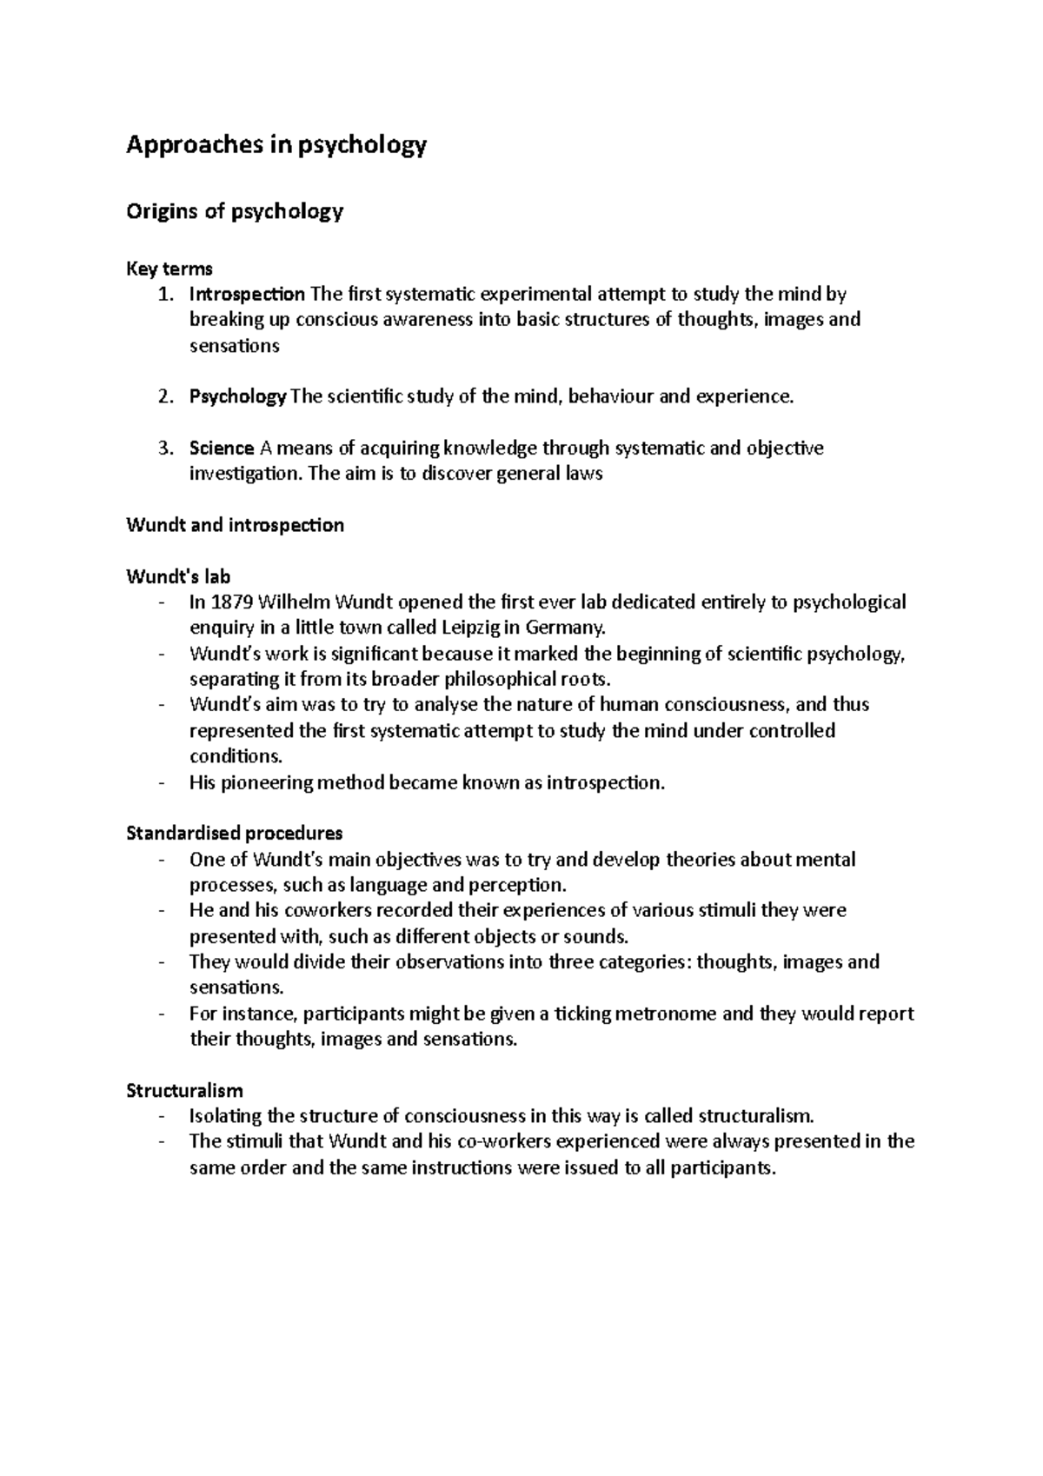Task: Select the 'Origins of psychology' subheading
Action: pos(235,211)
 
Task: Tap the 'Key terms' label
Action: pos(169,269)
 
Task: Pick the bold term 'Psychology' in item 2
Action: pos(237,397)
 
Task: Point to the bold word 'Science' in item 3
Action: pos(222,449)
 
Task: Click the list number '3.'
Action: pos(166,449)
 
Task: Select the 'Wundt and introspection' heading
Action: pos(235,525)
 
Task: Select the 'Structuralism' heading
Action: pos(184,1090)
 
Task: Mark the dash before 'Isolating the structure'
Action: pos(162,1116)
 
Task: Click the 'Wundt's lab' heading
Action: pos(178,576)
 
